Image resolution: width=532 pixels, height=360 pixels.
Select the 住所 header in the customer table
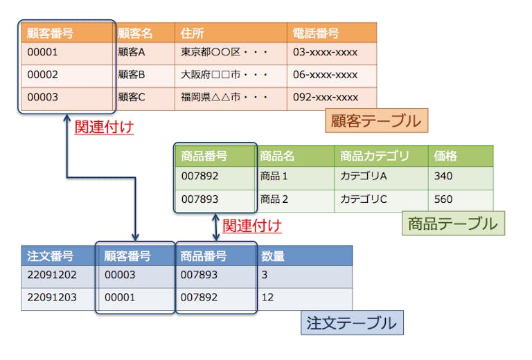tap(192, 33)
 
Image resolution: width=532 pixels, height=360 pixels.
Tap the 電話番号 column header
tap(315, 33)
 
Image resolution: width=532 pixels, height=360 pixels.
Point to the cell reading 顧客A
tap(132, 53)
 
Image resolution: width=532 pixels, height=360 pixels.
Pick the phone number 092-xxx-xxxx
tap(326, 98)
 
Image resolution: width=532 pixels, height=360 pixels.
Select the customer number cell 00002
tap(43, 75)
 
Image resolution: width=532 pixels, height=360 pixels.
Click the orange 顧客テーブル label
tap(376, 121)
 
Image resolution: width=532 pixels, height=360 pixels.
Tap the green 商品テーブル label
tap(453, 224)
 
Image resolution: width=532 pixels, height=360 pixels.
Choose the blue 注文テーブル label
tap(352, 323)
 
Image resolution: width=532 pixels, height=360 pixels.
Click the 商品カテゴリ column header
tap(374, 156)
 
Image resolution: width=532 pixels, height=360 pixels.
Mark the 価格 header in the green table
tap(445, 156)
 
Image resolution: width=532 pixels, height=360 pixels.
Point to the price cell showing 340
tap(443, 177)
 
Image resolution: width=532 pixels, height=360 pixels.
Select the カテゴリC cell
tap(363, 199)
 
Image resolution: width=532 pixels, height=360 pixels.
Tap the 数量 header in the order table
tap(273, 256)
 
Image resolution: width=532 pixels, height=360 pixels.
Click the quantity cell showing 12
tap(268, 298)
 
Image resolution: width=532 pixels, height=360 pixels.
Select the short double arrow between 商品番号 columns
tap(215, 226)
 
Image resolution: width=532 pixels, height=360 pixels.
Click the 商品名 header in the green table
tap(277, 156)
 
